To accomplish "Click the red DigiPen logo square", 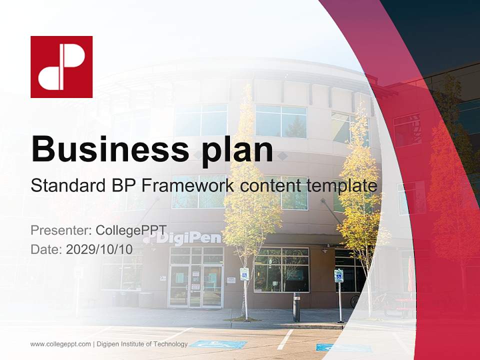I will click(61, 66).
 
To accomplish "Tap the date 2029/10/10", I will click(99, 249).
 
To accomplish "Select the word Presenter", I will click(60, 230).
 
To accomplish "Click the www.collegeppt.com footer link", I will click(60, 344).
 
